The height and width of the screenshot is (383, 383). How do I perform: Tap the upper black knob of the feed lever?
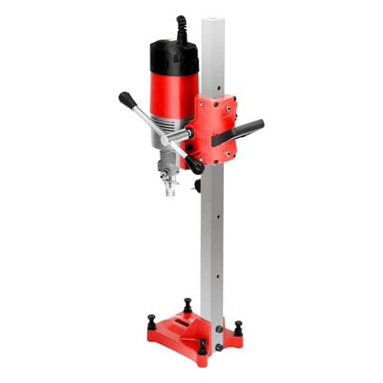tap(125, 99)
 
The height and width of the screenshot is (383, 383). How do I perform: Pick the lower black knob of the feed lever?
tap(196, 164)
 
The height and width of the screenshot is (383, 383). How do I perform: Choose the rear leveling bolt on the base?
tap(186, 298)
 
